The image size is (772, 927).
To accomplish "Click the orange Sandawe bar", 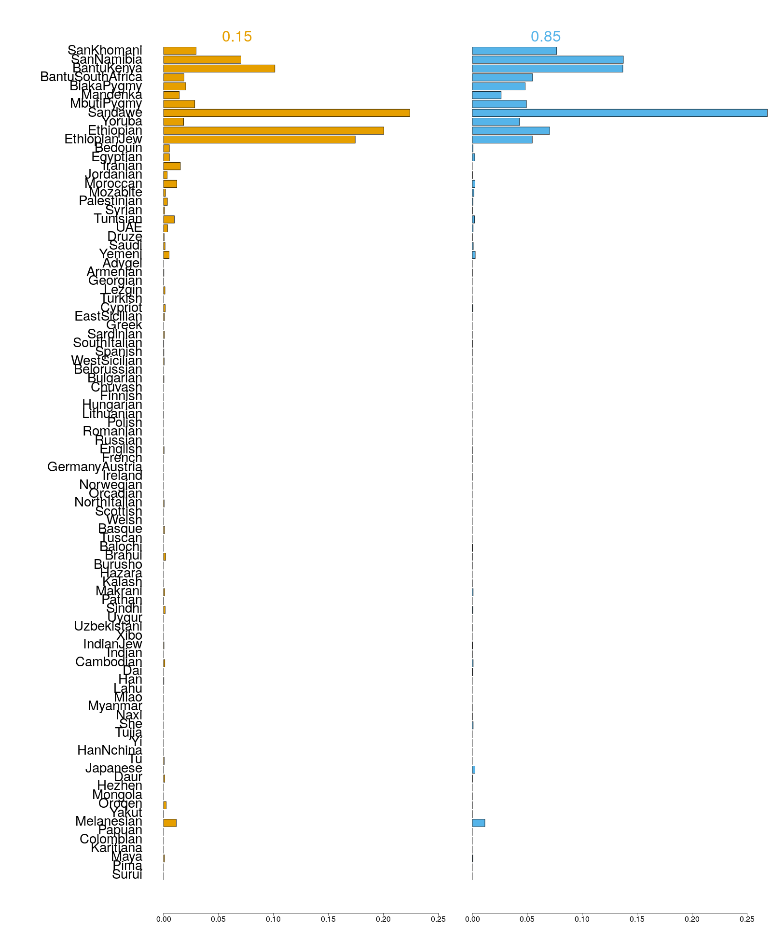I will (287, 112).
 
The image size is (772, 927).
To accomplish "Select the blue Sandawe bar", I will (620, 112).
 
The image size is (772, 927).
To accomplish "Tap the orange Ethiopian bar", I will (274, 130).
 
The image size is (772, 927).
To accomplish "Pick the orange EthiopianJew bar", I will (259, 140).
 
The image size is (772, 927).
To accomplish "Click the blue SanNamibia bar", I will (548, 59).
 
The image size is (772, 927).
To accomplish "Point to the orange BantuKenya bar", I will (219, 69).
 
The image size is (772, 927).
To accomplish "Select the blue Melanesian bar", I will (478, 823).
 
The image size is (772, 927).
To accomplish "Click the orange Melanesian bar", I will (170, 823).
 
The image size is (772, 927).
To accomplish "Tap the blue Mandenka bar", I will (486, 95).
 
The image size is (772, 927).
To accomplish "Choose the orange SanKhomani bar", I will (179, 51).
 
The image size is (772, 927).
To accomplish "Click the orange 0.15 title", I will (237, 37).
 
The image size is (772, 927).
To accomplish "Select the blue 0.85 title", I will (546, 37).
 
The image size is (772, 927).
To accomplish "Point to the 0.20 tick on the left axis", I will (383, 919).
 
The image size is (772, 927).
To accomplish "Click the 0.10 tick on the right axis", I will (582, 919).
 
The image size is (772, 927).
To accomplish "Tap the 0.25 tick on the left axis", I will (438, 919).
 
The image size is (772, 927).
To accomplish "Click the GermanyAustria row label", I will (95, 467).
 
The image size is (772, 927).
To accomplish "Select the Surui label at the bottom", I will (127, 875).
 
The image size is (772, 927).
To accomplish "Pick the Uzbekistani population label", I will (108, 626).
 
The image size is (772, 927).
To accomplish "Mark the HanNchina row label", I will (110, 751).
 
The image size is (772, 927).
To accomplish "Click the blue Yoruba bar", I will (496, 122).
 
